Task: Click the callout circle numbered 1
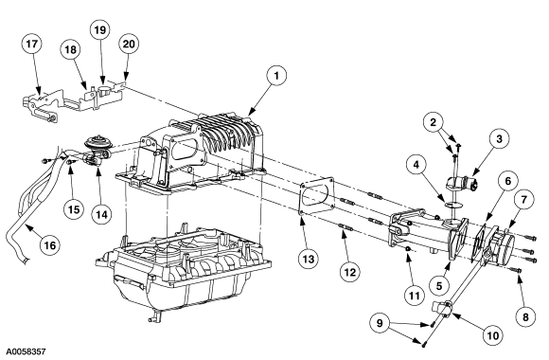coord(275,76)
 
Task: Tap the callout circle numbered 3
coord(499,139)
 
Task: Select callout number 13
coord(309,259)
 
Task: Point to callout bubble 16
coord(50,245)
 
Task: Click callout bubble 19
coord(100,29)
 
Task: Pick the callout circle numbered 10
coord(492,335)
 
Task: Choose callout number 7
coord(523,200)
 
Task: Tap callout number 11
coord(415,297)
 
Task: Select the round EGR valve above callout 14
coord(95,143)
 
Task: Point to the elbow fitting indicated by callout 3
coord(460,184)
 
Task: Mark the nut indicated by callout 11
coord(408,248)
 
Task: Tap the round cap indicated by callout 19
coord(104,89)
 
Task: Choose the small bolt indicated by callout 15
coord(71,162)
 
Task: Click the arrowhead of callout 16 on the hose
coord(29,228)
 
